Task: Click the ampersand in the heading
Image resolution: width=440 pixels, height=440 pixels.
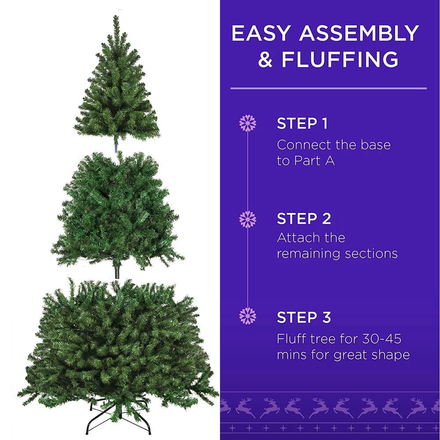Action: click(x=265, y=60)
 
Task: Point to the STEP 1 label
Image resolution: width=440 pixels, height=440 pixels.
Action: click(x=302, y=124)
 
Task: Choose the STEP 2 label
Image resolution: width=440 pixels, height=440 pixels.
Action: click(x=304, y=219)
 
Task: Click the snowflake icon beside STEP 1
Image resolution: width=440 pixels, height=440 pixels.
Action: click(x=248, y=123)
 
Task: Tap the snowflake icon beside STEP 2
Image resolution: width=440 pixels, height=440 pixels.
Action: click(x=248, y=219)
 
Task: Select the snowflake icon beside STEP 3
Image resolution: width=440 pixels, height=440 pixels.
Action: click(x=248, y=316)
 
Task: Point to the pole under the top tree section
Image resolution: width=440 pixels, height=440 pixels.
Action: click(x=117, y=145)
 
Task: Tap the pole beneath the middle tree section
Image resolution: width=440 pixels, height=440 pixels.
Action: click(x=117, y=271)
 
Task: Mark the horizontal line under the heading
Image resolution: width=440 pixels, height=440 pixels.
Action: click(x=328, y=88)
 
